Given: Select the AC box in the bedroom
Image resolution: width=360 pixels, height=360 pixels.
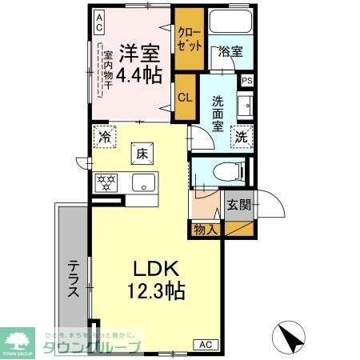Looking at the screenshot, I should [x=98, y=22].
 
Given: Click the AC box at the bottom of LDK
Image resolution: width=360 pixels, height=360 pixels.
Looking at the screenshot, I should [x=205, y=344].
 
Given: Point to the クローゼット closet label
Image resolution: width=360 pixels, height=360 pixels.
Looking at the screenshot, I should [x=190, y=41].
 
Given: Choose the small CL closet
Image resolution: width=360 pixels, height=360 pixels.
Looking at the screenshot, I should [x=185, y=98].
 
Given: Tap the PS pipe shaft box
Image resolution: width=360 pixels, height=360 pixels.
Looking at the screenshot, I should [x=247, y=80].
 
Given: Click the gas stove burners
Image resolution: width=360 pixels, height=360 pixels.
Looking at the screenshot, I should [x=106, y=181].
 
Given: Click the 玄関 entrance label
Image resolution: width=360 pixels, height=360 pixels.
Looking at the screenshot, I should [x=238, y=205].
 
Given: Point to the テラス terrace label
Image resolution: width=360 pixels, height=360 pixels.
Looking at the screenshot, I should [x=72, y=279].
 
